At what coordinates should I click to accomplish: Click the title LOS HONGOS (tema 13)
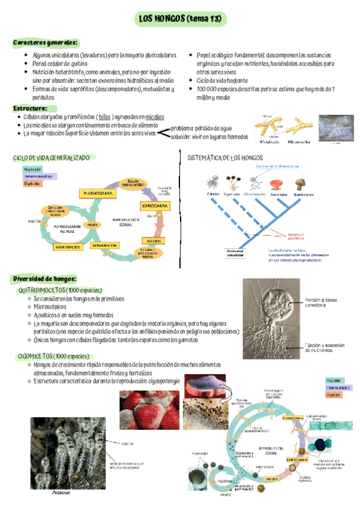179,19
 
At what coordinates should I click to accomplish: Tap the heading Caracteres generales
46,43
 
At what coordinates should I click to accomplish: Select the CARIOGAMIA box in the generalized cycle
155,206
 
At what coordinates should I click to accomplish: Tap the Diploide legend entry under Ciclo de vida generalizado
33,184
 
